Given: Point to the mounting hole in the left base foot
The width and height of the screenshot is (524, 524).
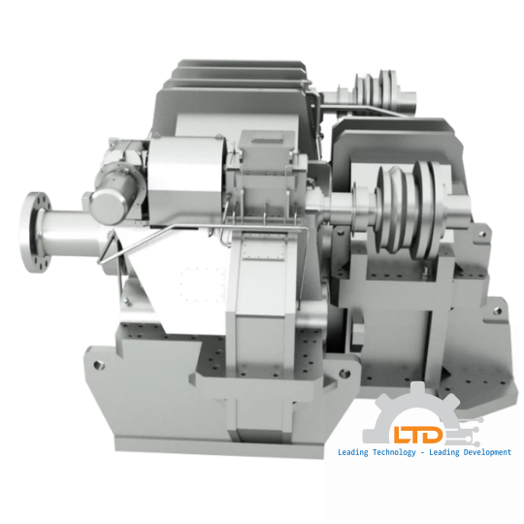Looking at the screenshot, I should (x=97, y=366).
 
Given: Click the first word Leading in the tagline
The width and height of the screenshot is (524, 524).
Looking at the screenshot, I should (x=352, y=453).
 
